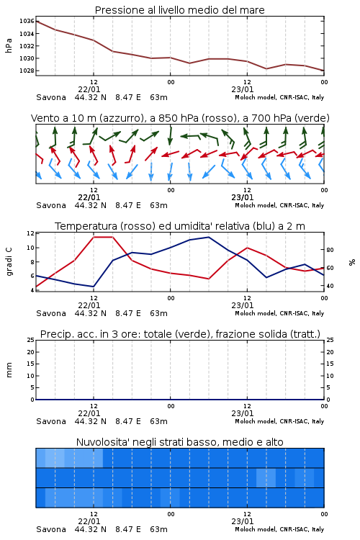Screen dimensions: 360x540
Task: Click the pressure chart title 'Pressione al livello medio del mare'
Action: pyautogui.click(x=179, y=10)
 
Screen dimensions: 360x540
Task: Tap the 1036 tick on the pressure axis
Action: pyautogui.click(x=27, y=22)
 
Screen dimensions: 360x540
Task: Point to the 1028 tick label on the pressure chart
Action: pyautogui.click(x=27, y=71)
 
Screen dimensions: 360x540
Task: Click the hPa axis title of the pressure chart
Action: pyautogui.click(x=9, y=46)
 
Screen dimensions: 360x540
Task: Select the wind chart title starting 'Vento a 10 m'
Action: pyautogui.click(x=180, y=118)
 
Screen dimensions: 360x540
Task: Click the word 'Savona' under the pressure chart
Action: pyautogui.click(x=51, y=97)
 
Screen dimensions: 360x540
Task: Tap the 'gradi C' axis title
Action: pyautogui.click(x=9, y=262)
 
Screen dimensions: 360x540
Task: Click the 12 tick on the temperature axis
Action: pyautogui.click(x=30, y=233)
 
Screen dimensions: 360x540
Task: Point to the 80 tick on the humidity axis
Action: pyautogui.click(x=330, y=250)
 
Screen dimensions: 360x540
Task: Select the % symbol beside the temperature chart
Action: pyautogui.click(x=352, y=262)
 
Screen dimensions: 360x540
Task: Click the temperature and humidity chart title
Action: pyautogui.click(x=180, y=226)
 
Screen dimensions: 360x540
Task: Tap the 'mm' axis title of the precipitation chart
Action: pyautogui.click(x=9, y=370)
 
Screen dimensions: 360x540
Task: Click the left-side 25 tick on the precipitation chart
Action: pyautogui.click(x=30, y=341)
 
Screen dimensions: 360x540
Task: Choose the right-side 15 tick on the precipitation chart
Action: pyautogui.click(x=330, y=364)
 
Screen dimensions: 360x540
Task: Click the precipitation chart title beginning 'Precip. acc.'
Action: pyautogui.click(x=180, y=334)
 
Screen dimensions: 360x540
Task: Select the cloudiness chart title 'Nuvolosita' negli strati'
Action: pyautogui.click(x=180, y=442)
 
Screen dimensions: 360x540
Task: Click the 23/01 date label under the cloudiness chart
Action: pyautogui.click(x=243, y=521)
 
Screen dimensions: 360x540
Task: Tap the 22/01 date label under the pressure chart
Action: pyautogui.click(x=89, y=89)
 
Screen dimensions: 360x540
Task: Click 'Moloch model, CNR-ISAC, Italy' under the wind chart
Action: pyautogui.click(x=279, y=206)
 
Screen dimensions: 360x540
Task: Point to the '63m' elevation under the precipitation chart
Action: pyautogui.click(x=159, y=421)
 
